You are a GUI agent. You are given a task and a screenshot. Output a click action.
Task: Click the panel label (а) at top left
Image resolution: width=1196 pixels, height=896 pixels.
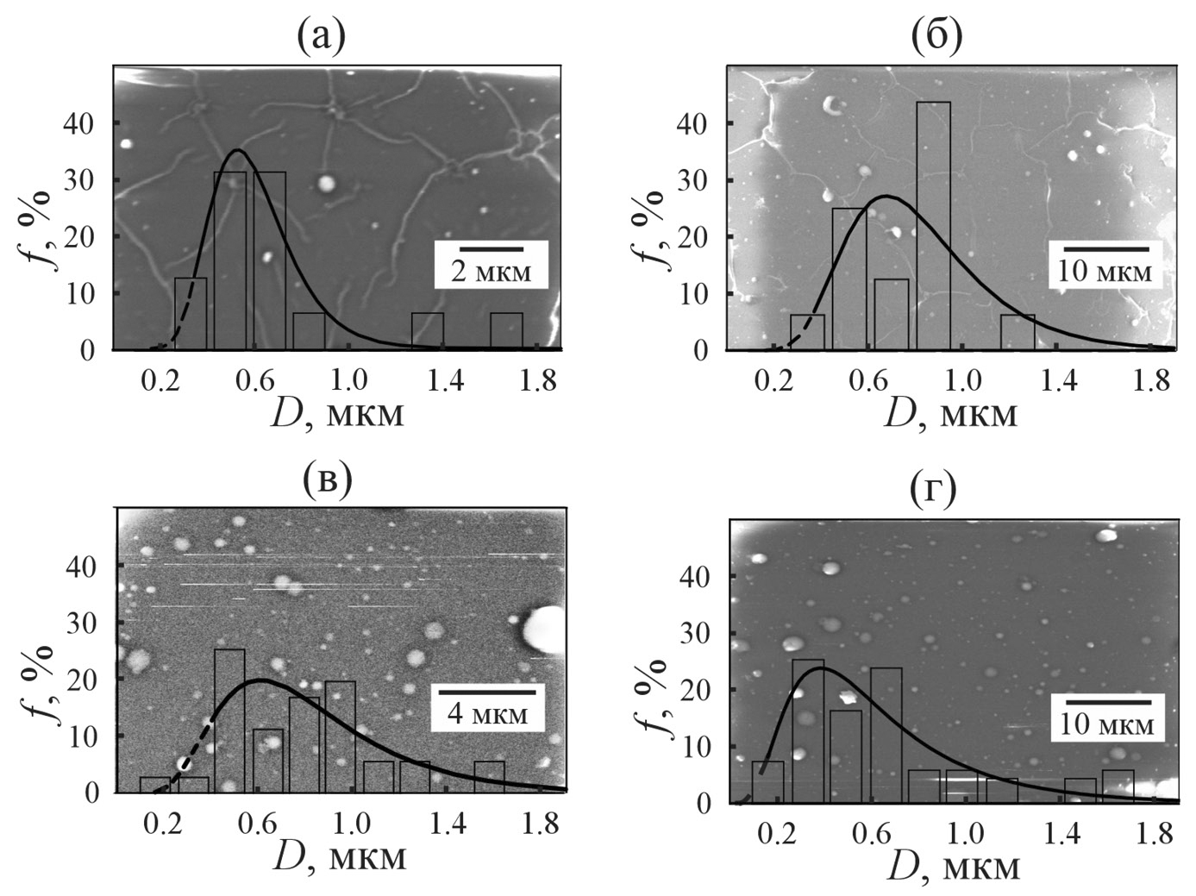(x=321, y=36)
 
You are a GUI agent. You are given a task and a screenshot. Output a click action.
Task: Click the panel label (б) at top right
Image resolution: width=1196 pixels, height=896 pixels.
(x=936, y=36)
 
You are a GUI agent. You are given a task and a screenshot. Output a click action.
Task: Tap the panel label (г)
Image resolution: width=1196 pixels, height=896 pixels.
(x=935, y=490)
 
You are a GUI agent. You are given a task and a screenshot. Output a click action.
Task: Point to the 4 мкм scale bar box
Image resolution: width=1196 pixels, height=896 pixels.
(x=487, y=707)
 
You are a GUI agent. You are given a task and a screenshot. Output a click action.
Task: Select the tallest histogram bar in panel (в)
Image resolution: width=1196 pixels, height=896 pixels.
(x=229, y=720)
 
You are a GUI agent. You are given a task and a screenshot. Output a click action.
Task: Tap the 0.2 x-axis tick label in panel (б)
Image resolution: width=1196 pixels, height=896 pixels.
(x=774, y=380)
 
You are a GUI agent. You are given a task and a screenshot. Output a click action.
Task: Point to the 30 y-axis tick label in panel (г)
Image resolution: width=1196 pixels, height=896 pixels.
(x=697, y=632)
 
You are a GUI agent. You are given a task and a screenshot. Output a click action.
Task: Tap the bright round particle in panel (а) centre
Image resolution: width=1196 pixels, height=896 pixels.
(x=327, y=183)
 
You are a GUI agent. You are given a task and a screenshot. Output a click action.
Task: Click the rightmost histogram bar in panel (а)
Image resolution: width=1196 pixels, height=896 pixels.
(x=506, y=331)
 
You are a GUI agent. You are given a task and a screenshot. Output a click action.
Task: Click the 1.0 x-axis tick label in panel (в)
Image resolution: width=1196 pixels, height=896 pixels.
(x=352, y=823)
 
